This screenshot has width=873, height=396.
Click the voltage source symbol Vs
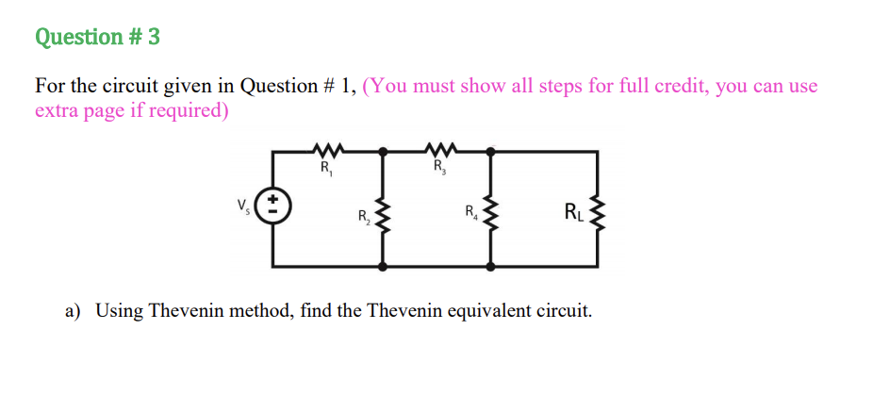click(273, 206)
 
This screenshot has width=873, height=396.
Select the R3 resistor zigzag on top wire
click(438, 149)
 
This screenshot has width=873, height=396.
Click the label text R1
click(325, 170)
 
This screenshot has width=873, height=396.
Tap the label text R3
click(438, 170)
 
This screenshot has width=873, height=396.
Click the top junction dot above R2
click(383, 151)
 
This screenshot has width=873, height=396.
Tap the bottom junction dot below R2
click(383, 267)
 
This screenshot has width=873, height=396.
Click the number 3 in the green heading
click(153, 37)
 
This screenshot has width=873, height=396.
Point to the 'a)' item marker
click(74, 309)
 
